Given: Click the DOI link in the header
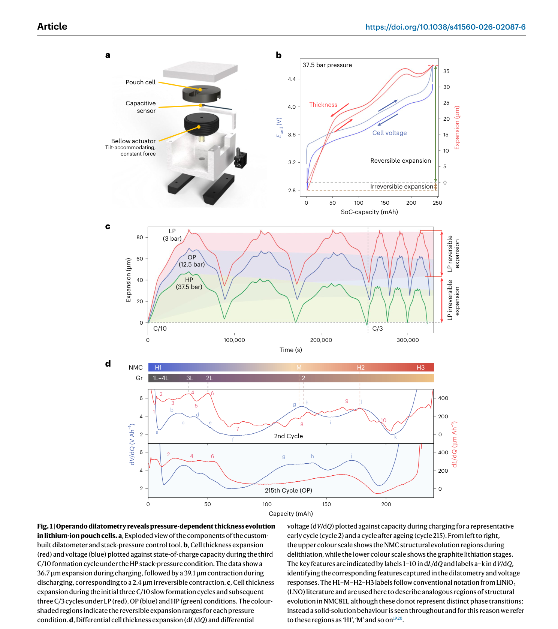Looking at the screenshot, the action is click(445, 27).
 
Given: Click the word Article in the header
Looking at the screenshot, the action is click(52, 26).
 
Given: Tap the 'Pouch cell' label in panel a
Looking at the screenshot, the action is click(141, 82).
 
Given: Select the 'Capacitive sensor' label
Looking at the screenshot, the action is click(141, 107).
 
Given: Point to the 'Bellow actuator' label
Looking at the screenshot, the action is click(133, 141).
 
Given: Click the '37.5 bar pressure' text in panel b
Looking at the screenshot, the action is click(327, 65).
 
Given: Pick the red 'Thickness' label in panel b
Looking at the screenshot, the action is click(323, 105).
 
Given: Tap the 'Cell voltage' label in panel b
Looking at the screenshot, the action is click(389, 133).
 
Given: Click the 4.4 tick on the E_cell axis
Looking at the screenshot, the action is click(292, 79).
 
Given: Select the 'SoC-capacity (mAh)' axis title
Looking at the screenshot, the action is click(369, 212).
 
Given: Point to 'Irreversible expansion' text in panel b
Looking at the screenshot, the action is click(402, 186).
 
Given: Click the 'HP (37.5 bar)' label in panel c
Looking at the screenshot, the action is click(189, 283).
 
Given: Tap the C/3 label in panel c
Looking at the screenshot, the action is click(377, 328).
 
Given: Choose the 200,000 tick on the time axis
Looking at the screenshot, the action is click(321, 340).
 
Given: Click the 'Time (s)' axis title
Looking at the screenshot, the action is click(290, 350).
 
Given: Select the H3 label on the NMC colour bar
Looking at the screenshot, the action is click(420, 367).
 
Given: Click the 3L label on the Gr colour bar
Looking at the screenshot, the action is click(190, 378).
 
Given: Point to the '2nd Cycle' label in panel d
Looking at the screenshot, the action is click(288, 436).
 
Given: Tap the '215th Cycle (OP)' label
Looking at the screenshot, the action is click(288, 490).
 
